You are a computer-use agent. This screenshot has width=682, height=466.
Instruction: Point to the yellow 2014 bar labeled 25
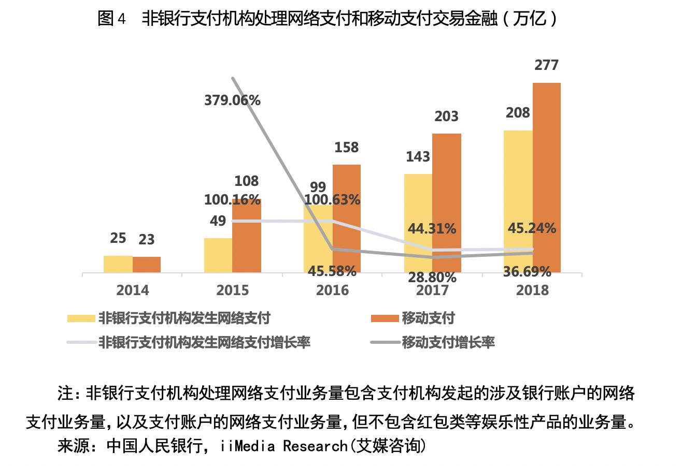118,264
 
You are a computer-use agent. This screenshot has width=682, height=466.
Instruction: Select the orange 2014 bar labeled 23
147,265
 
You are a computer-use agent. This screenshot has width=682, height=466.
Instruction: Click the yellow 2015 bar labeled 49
218,255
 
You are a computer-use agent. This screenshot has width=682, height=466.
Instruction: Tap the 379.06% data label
232,100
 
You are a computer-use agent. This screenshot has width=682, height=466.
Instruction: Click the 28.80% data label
432,278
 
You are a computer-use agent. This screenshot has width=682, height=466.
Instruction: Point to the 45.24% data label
532,228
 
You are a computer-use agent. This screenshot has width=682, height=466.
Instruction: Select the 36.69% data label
527,271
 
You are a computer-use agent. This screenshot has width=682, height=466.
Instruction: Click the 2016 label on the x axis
332,290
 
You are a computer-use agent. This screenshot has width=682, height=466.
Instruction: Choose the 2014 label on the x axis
132,290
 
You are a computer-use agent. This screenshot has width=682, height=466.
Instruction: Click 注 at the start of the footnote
65,394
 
